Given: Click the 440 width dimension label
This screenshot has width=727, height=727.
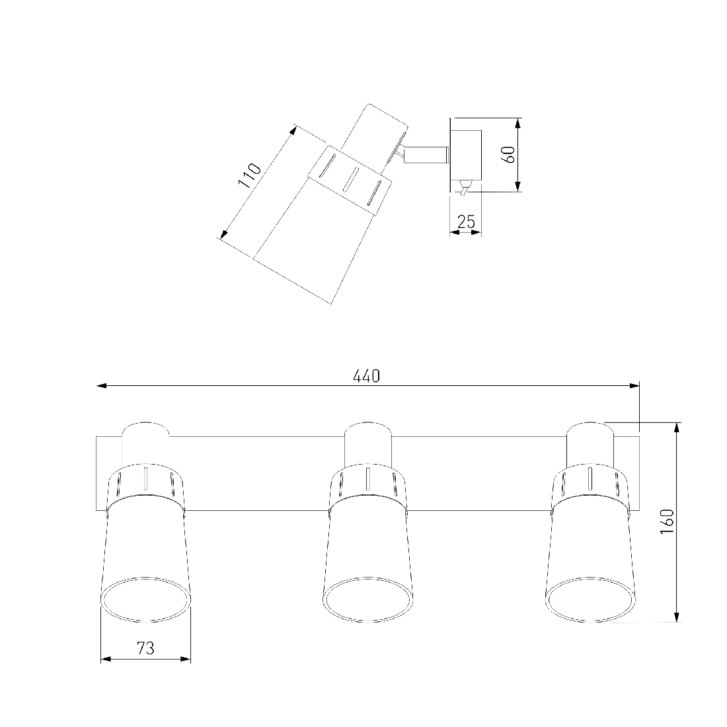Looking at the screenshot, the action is pyautogui.click(x=366, y=376).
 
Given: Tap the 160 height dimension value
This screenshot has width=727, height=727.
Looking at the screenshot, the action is pyautogui.click(x=668, y=521).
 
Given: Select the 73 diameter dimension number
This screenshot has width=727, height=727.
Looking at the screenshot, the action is pyautogui.click(x=145, y=648).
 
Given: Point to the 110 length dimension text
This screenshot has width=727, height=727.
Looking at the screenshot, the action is pyautogui.click(x=249, y=175).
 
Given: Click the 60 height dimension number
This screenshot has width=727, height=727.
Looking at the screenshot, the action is pyautogui.click(x=509, y=155).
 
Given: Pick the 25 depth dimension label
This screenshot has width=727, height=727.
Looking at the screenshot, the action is pyautogui.click(x=466, y=222).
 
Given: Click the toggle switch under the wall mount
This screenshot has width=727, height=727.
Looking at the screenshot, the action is pyautogui.click(x=464, y=189).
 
